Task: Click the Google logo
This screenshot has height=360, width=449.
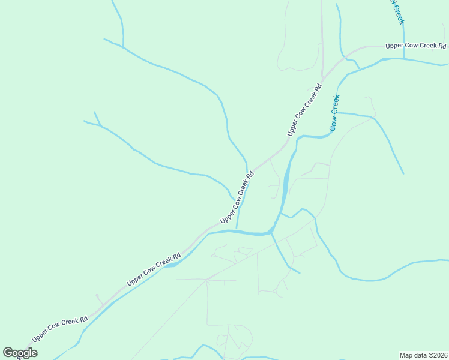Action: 20,353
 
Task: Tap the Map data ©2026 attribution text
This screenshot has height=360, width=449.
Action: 423,355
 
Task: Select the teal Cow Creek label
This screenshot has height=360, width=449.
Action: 334,113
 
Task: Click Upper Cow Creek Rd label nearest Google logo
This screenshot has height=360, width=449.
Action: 60,329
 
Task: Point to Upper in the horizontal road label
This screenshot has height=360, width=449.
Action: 395,46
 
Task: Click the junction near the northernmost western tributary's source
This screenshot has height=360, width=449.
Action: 123,46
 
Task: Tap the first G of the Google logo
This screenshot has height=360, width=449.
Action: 8,352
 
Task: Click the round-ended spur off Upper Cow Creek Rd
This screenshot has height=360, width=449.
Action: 97,295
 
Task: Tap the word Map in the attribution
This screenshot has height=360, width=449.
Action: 407,355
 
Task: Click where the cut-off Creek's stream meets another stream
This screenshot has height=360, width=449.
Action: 404,59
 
